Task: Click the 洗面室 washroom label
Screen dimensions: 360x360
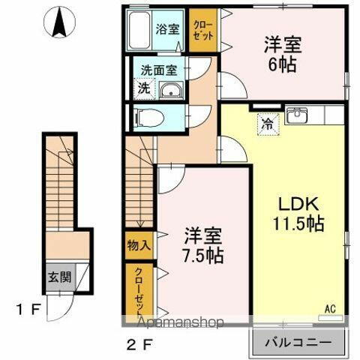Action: (x=159, y=71)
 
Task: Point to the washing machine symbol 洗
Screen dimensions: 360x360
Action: (x=142, y=87)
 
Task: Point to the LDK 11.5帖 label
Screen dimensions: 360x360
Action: (x=298, y=211)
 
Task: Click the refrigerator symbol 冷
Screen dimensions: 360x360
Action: (x=267, y=124)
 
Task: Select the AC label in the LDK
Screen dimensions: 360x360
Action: (x=329, y=307)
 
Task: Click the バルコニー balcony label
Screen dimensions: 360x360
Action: (x=298, y=343)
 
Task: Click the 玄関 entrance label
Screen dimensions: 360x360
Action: (x=61, y=277)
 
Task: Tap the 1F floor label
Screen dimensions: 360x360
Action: (x=31, y=309)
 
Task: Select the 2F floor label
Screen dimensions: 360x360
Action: (x=140, y=347)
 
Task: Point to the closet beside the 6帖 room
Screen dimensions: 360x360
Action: (x=201, y=31)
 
